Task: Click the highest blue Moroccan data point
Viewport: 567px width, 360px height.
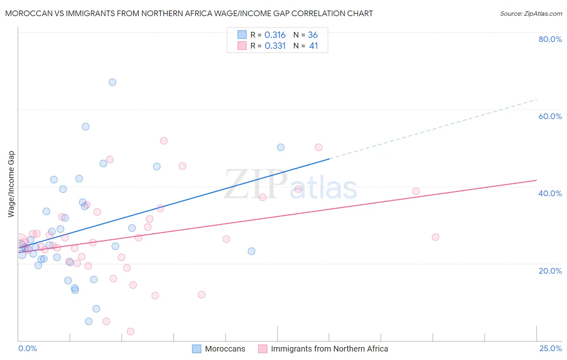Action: (x=113, y=82)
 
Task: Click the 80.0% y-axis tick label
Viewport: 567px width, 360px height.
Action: (x=550, y=39)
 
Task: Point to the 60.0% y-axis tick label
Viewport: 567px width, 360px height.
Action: (x=550, y=116)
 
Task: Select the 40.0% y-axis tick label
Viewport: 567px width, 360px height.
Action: (x=550, y=193)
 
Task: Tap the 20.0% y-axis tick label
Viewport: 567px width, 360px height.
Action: (x=550, y=271)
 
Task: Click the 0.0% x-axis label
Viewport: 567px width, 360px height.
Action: (x=27, y=349)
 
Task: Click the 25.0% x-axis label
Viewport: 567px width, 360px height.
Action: (x=550, y=349)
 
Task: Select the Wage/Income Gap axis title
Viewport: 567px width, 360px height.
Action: (x=11, y=184)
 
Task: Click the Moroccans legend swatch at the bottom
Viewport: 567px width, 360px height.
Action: (x=196, y=349)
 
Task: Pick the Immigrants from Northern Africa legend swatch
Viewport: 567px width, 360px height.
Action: (x=263, y=349)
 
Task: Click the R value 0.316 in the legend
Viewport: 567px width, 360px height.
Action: (x=275, y=35)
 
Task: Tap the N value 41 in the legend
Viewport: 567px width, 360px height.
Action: (x=313, y=46)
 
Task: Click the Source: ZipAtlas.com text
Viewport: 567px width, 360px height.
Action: (x=531, y=14)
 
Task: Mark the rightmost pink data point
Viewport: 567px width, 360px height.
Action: (x=435, y=237)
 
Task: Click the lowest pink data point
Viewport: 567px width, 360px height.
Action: (x=130, y=331)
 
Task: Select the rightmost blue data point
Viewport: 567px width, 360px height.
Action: (x=281, y=147)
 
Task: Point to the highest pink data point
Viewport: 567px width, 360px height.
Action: (x=163, y=141)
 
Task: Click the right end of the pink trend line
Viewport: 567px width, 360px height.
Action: (x=536, y=180)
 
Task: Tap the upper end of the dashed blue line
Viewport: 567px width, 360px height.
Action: (x=537, y=99)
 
